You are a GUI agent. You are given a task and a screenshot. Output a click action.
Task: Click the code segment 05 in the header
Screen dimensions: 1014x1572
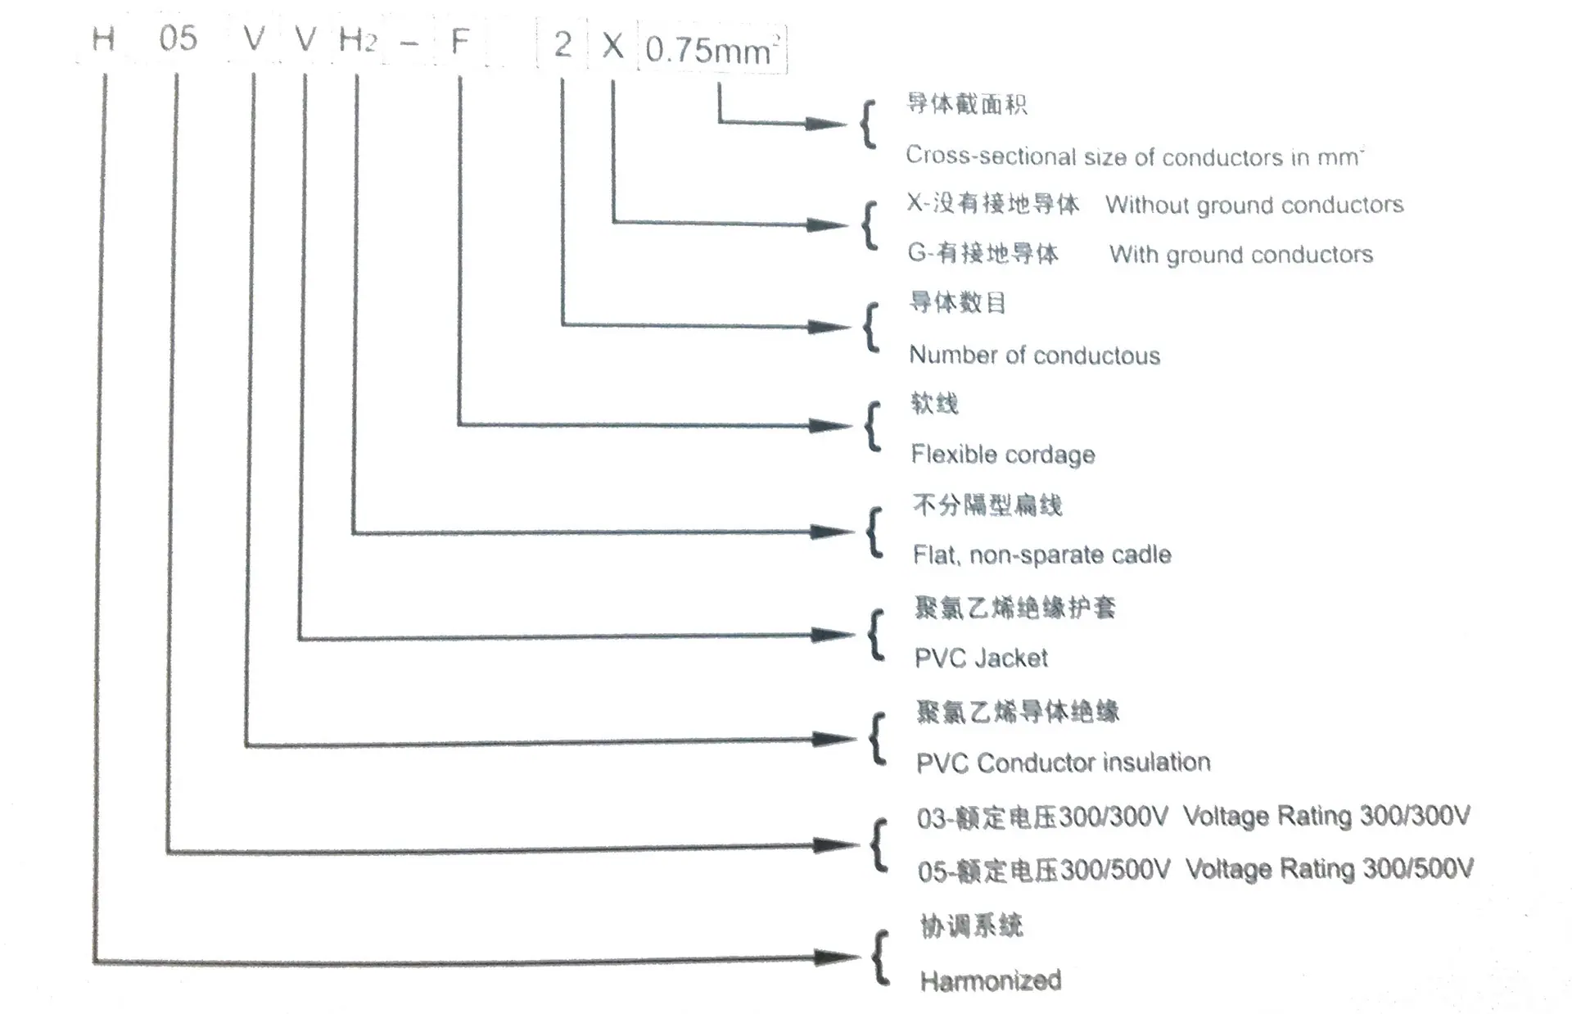pyautogui.click(x=178, y=38)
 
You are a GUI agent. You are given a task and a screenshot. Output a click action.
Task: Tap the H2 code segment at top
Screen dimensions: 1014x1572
pyautogui.click(x=357, y=39)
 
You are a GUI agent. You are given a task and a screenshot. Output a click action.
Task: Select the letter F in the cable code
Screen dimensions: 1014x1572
pyautogui.click(x=459, y=40)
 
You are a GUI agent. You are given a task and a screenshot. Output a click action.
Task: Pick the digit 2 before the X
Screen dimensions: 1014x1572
pyautogui.click(x=562, y=44)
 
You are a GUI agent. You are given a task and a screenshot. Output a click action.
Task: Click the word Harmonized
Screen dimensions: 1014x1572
pyautogui.click(x=990, y=980)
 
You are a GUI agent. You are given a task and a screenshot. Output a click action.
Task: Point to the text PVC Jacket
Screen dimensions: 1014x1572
pyautogui.click(x=981, y=658)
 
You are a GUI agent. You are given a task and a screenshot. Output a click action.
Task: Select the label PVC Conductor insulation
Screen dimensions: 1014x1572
pyautogui.click(x=1063, y=763)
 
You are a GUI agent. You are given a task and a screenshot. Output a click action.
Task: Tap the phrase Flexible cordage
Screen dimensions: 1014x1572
pyautogui.click(x=1002, y=455)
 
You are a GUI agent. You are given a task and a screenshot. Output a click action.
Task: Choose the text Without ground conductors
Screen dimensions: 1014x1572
pyautogui.click(x=1254, y=205)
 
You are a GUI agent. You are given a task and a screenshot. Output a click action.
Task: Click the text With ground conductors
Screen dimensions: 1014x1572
pyautogui.click(x=1241, y=255)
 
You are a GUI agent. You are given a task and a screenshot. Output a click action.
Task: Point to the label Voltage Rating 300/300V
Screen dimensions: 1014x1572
pyautogui.click(x=1326, y=816)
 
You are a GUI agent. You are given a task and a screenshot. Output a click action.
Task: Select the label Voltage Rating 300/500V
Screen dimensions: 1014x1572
pyautogui.click(x=1330, y=868)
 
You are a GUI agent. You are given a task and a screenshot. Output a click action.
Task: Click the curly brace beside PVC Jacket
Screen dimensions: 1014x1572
pyautogui.click(x=875, y=635)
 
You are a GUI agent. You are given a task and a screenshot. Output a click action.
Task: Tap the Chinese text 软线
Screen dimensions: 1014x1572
pyautogui.click(x=934, y=404)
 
